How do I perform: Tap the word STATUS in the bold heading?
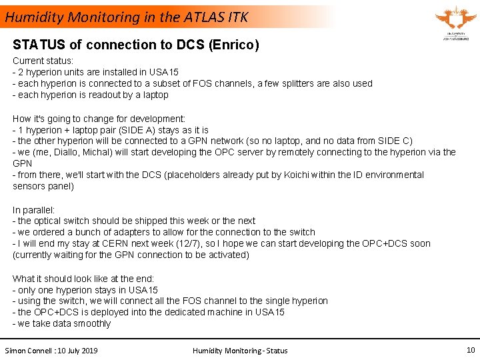38,45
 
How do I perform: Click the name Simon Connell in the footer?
29,351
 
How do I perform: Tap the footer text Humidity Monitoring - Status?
240,351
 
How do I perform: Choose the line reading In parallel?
34,209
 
